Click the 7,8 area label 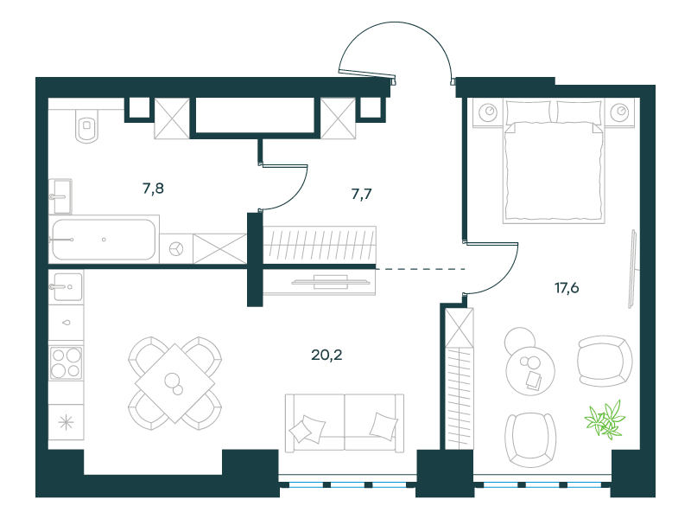point(154,189)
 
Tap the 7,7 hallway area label point(361,194)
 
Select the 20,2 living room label point(326,355)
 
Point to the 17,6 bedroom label point(567,288)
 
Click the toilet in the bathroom point(87,125)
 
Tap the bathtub point(104,240)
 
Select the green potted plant point(605,420)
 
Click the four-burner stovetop point(67,363)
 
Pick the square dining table point(175,383)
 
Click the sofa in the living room point(345,423)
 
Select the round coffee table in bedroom point(530,370)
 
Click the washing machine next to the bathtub point(176,248)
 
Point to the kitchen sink point(67,286)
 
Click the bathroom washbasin point(60,196)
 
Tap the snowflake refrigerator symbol point(67,423)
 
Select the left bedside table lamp point(488,112)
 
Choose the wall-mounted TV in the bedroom point(632,268)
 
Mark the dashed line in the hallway point(421,269)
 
